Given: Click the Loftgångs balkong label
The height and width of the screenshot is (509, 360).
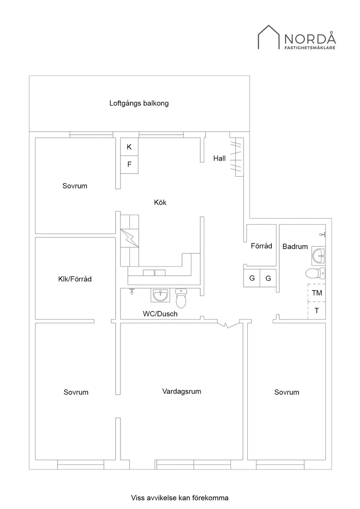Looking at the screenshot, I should pyautogui.click(x=139, y=104).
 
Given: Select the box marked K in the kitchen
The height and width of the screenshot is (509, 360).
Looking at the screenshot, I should pyautogui.click(x=129, y=147).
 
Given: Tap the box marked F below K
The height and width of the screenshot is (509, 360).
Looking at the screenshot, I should pyautogui.click(x=129, y=164).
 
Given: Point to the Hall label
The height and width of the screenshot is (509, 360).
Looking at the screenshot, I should pyautogui.click(x=219, y=158).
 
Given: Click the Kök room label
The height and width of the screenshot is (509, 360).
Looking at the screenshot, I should pyautogui.click(x=160, y=202).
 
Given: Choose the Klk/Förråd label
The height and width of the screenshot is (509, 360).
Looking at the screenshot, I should pyautogui.click(x=75, y=279).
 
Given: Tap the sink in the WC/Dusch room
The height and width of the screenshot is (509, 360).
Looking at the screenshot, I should pyautogui.click(x=161, y=295).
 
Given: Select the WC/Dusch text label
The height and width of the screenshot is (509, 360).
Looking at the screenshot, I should pyautogui.click(x=160, y=314).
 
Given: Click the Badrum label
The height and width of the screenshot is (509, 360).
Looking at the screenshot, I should pyautogui.click(x=295, y=246).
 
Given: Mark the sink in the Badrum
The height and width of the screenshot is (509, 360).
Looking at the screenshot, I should pyautogui.click(x=319, y=256).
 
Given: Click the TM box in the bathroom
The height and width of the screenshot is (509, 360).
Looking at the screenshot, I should pyautogui.click(x=317, y=293).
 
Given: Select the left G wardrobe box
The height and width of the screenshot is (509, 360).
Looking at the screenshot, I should pyautogui.click(x=252, y=278).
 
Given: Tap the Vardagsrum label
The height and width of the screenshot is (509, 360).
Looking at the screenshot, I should pyautogui.click(x=182, y=391).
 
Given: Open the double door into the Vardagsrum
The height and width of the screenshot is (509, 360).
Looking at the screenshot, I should pyautogui.click(x=227, y=325).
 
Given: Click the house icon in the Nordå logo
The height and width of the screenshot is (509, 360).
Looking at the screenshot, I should pyautogui.click(x=269, y=37).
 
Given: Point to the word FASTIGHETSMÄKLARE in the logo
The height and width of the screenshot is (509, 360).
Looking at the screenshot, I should pyautogui.click(x=310, y=48).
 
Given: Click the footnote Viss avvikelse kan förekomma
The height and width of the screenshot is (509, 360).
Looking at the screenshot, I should pyautogui.click(x=180, y=497).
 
